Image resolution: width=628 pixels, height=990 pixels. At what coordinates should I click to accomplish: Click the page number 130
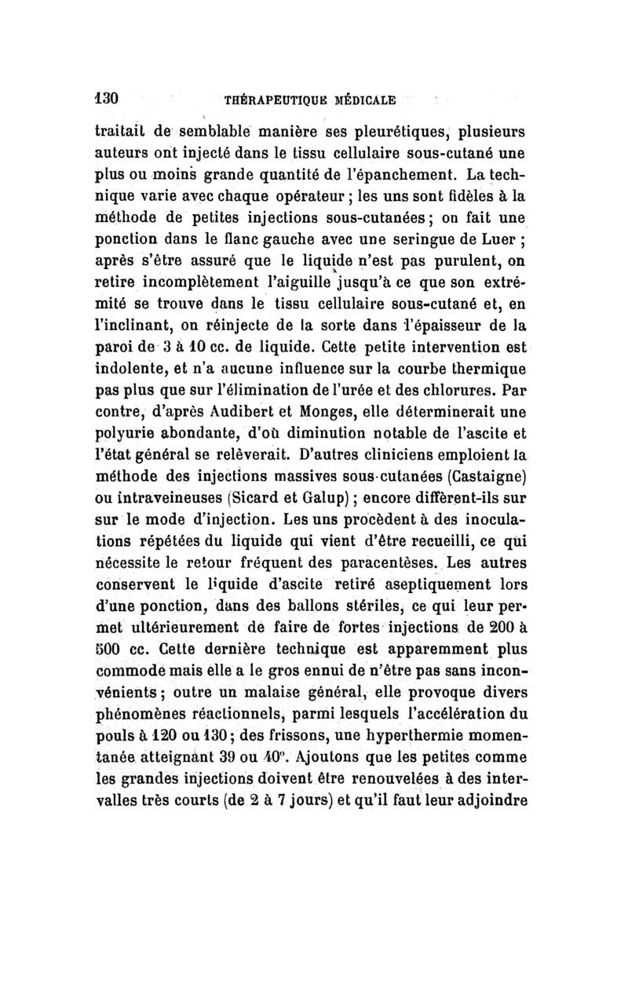pos(105,100)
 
